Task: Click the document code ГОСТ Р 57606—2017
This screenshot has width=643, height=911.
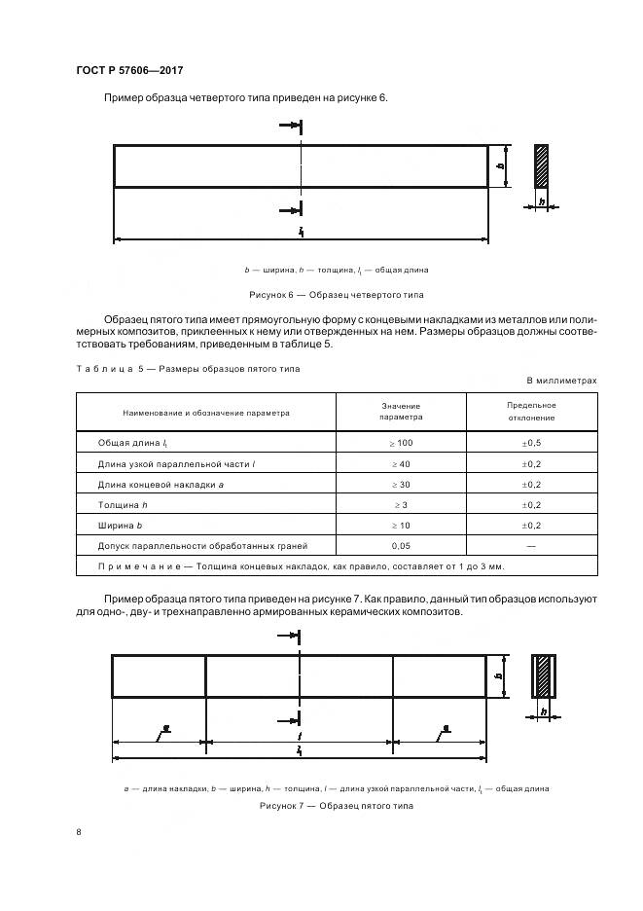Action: tap(128, 71)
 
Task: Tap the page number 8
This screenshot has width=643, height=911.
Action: tap(78, 830)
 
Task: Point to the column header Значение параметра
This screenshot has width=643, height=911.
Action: tap(401, 411)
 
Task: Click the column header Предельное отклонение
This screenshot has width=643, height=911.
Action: tap(531, 411)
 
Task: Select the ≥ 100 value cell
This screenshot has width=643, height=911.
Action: tap(401, 443)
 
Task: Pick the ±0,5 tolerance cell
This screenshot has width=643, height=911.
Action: tap(531, 443)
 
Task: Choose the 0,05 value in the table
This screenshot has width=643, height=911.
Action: tap(401, 545)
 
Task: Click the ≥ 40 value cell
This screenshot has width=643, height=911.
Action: tap(401, 463)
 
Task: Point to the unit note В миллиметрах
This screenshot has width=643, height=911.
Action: tap(561, 381)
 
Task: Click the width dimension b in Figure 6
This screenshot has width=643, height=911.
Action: tap(501, 166)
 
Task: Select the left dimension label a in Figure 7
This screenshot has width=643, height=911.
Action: tap(166, 727)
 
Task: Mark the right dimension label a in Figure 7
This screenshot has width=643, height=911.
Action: tap(446, 727)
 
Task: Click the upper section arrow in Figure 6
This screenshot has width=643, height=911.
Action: tap(290, 126)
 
